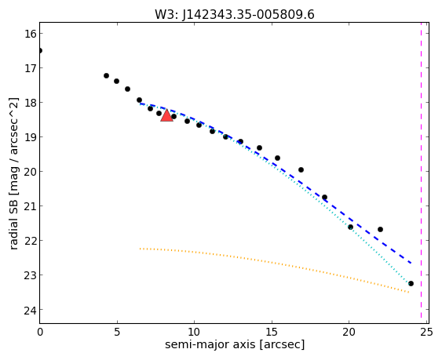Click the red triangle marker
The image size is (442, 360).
pos(166,115)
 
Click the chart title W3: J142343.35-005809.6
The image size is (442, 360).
pos(235,14)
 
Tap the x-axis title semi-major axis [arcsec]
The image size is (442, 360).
pos(235,344)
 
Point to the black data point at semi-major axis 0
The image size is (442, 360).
pos(40,51)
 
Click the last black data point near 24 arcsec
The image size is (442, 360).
pos(411,283)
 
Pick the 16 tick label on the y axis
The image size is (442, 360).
pos(30,34)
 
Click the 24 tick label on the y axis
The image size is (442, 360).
pos(30,310)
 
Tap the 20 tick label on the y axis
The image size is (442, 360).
pos(30,172)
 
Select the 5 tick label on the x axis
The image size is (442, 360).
pos(117,333)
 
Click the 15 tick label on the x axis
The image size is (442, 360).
pos(272,333)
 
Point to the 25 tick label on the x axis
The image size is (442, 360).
pos(426,333)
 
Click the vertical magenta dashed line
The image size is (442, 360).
pos(421,173)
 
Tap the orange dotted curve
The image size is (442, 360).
pos(274,264)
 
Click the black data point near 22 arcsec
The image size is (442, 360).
pos(380,229)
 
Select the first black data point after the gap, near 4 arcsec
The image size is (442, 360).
pos(106,75)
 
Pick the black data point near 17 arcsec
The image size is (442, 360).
pos(301,169)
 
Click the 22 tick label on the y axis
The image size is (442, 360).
pos(30,241)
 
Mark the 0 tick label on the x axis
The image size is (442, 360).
pos(40,333)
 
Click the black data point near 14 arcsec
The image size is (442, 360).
pos(259,147)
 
